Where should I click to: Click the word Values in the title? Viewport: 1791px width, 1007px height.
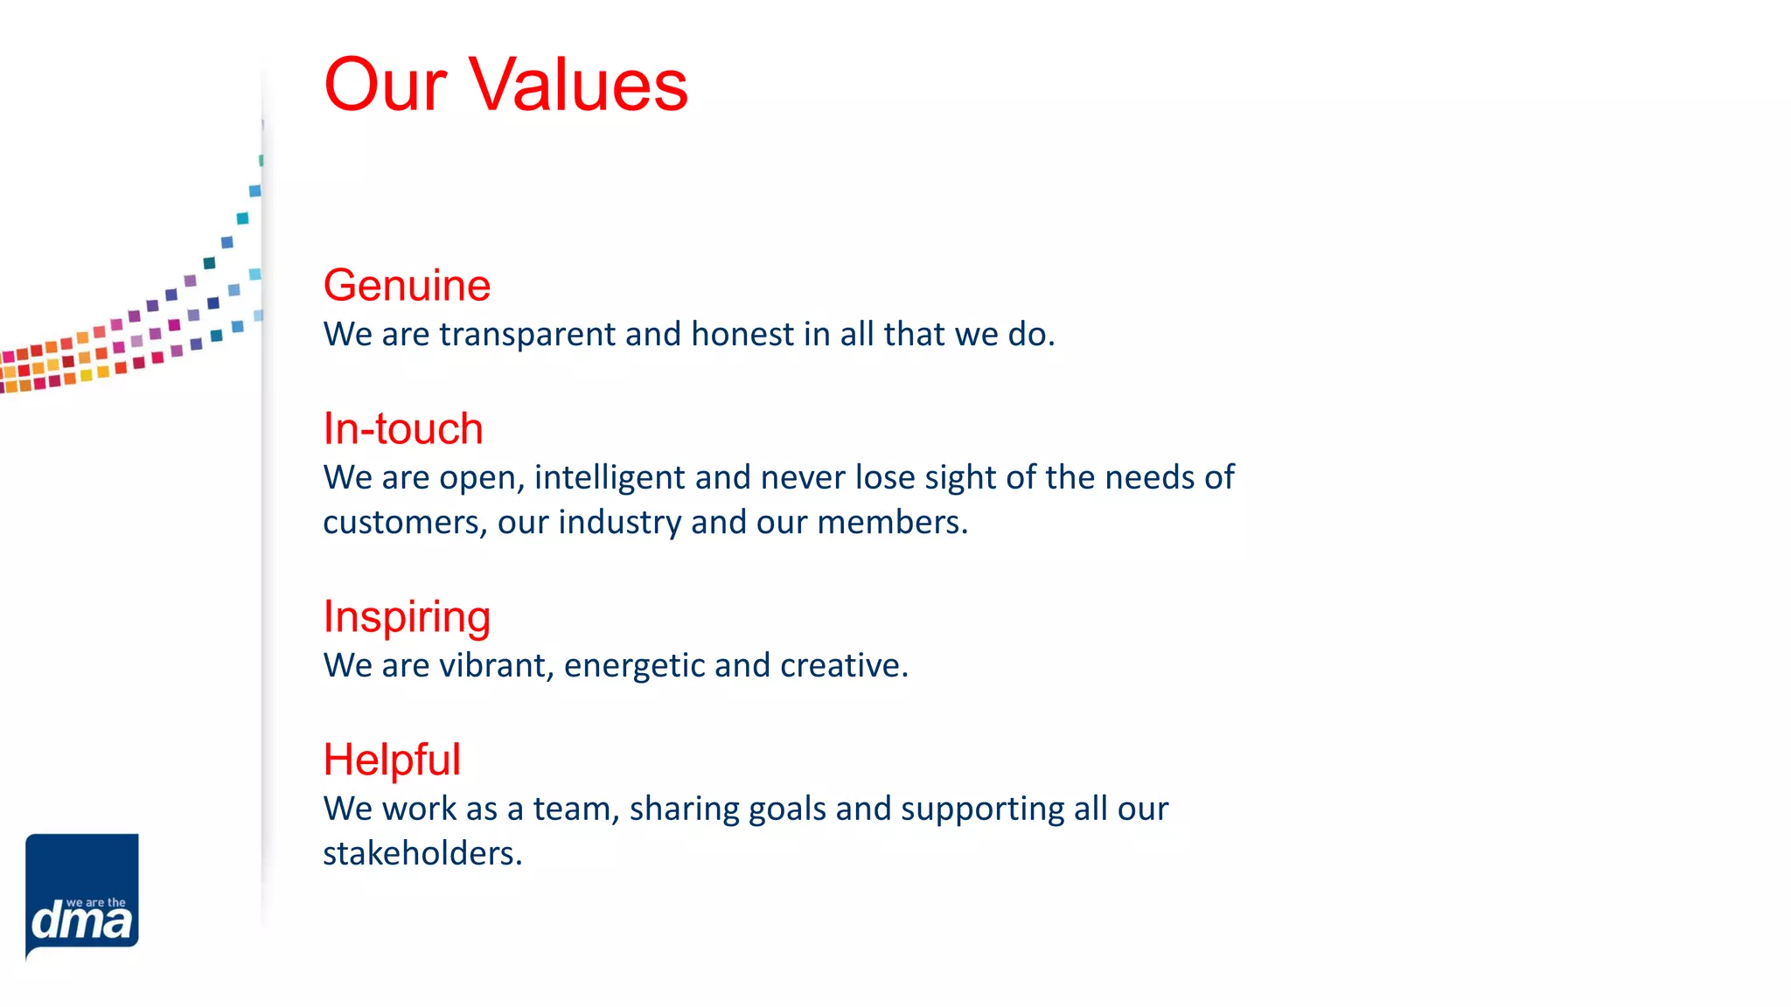578,85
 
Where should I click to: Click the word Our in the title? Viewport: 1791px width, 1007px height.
385,85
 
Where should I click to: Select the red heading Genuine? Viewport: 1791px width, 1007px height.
407,286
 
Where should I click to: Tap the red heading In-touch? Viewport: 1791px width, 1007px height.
402,429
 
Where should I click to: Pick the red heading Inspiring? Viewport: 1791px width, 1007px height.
407,617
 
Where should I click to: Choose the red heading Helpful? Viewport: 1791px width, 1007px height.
391,760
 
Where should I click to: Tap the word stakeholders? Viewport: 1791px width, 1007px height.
422,854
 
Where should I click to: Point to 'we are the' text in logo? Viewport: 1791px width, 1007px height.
96,903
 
